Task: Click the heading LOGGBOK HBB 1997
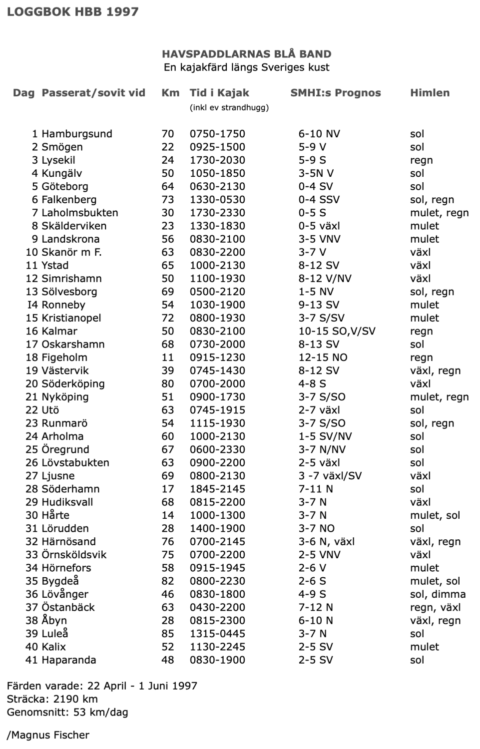pos(73,11)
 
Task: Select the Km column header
pos(170,93)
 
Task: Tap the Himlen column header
pos(430,93)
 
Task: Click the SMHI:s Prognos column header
pos(335,93)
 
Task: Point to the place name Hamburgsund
pos(76,134)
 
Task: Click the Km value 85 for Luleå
pos(168,634)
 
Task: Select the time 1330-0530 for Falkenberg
pos(217,200)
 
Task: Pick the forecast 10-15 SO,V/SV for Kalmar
pos(337,331)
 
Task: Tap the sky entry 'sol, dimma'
pos(438,594)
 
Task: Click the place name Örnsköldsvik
pos(74,555)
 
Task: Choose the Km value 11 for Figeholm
pos(168,358)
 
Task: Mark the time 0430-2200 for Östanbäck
pos(217,607)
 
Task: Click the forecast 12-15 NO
pos(323,358)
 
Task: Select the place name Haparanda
pos(69,660)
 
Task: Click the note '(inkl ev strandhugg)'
pos(229,107)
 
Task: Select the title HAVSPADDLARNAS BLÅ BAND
pos(246,54)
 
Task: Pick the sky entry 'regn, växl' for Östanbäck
pos(435,607)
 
